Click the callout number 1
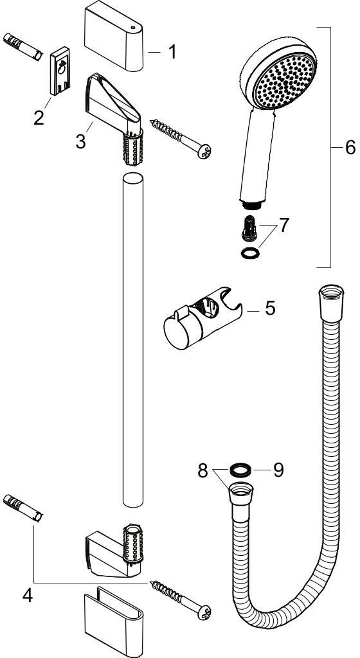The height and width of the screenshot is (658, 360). click(172, 52)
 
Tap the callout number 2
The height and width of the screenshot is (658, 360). click(39, 118)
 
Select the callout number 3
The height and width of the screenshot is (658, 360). click(80, 141)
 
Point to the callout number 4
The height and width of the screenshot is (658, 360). click(27, 596)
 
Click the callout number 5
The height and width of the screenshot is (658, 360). click(270, 308)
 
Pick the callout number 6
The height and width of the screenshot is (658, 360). click(350, 147)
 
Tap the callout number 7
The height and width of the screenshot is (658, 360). click(285, 226)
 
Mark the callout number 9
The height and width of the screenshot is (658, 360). click(278, 470)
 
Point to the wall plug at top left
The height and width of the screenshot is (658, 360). click(23, 48)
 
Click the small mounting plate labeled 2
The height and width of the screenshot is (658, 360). click(60, 71)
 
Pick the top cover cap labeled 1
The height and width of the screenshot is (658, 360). click(114, 37)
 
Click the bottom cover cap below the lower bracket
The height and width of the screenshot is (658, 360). click(114, 621)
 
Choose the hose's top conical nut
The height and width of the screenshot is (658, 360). click(332, 303)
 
